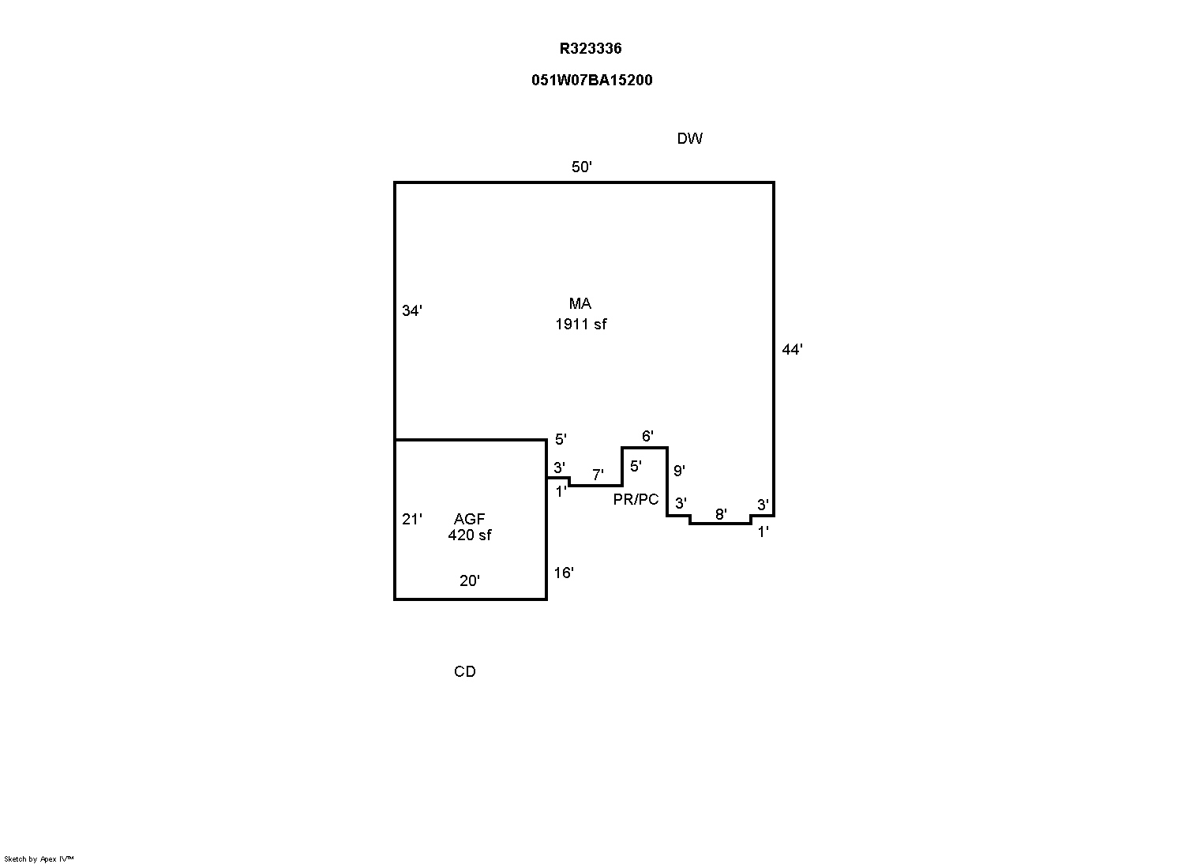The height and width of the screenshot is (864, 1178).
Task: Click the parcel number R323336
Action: (591, 48)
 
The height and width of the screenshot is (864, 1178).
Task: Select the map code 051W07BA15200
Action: (591, 80)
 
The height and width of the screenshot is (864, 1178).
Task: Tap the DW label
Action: (689, 139)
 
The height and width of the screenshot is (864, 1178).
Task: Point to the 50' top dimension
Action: (582, 167)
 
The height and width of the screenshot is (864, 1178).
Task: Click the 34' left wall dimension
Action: (412, 311)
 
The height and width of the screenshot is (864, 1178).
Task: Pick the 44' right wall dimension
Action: (792, 349)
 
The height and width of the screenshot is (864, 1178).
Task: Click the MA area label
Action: (580, 304)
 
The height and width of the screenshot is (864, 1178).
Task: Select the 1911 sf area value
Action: (581, 324)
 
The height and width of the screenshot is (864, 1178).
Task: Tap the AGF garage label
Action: (469, 519)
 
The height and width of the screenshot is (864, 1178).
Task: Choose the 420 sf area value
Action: (469, 535)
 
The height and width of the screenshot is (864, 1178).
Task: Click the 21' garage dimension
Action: (412, 519)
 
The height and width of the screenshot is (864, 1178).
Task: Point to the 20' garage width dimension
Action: (469, 580)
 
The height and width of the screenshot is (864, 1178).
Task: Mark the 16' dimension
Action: (563, 573)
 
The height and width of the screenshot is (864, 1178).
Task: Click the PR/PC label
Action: (636, 500)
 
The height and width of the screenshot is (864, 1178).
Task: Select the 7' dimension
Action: (598, 475)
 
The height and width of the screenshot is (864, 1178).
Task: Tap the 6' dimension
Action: (647, 436)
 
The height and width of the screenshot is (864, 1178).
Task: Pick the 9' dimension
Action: (678, 471)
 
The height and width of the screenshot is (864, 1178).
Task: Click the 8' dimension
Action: (720, 514)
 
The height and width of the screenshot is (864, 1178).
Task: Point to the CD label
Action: (465, 671)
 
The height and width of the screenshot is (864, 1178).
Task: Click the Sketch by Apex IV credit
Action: (39, 858)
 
